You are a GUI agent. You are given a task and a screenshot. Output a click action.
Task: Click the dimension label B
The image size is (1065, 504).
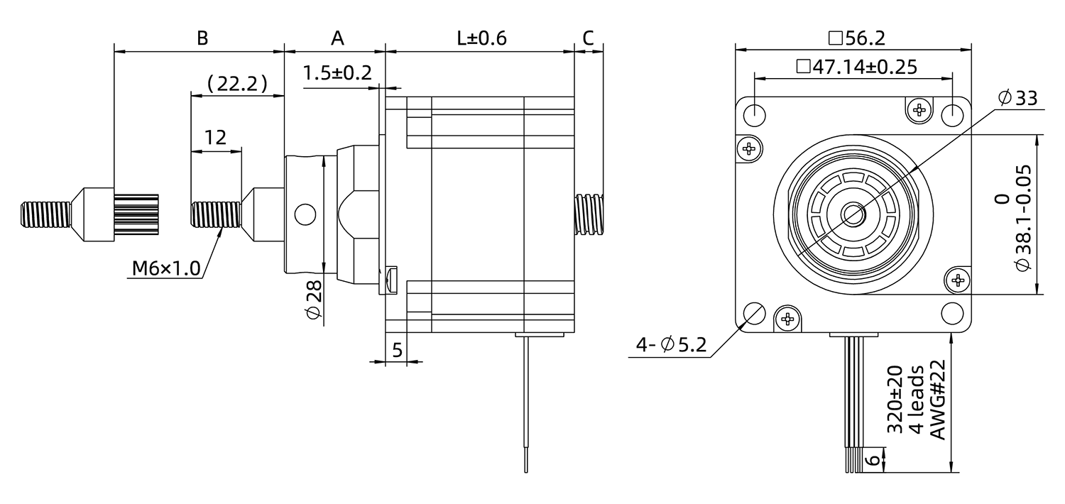pos(202,38)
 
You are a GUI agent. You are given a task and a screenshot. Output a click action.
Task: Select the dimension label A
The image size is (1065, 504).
pos(337,38)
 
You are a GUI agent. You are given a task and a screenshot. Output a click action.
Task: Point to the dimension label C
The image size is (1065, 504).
pos(588,38)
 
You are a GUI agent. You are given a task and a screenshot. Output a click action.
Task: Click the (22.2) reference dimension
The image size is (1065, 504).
pos(237,84)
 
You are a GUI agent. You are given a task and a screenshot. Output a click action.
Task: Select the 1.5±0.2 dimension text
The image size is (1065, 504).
pos(337,73)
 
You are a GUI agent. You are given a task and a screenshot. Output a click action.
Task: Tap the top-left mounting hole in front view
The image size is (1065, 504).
pos(754,114)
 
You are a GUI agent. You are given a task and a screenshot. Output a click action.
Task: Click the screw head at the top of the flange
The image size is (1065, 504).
pos(919,109)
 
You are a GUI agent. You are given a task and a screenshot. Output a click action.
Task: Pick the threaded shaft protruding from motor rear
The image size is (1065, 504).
pos(589,213)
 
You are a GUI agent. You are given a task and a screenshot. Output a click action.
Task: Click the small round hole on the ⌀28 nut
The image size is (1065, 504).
pos(304,213)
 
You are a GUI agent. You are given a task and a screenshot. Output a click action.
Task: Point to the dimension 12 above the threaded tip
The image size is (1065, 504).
pos(215,138)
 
